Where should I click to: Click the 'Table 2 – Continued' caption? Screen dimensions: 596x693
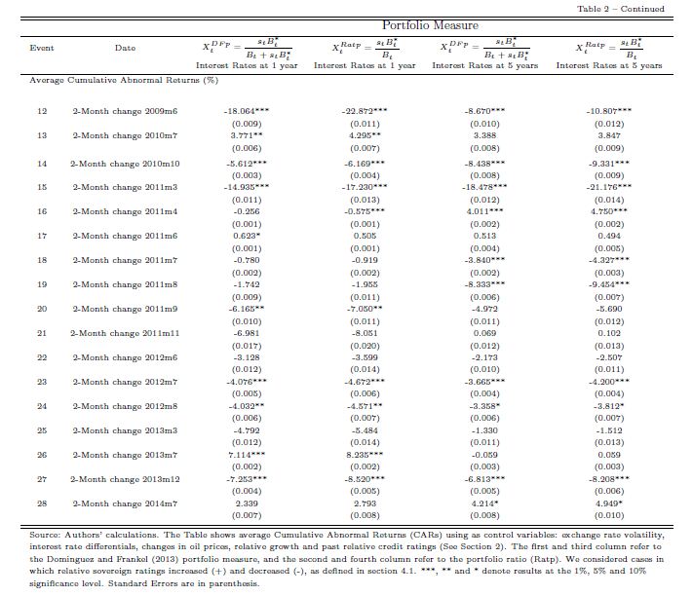635,9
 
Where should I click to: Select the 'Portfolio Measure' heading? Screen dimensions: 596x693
424,25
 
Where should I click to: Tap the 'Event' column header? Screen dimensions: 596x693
42,47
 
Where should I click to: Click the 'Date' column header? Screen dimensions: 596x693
125,47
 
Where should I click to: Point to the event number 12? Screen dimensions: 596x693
42,112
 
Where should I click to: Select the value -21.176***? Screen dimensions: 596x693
609,186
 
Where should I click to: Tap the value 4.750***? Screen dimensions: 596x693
609,210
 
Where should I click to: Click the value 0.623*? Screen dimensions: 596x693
246,235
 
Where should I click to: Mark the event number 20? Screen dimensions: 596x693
42,309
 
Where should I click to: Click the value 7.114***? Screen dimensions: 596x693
246,455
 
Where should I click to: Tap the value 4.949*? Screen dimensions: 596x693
609,503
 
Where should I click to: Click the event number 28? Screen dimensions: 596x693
42,503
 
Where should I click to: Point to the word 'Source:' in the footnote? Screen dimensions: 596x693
47,536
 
